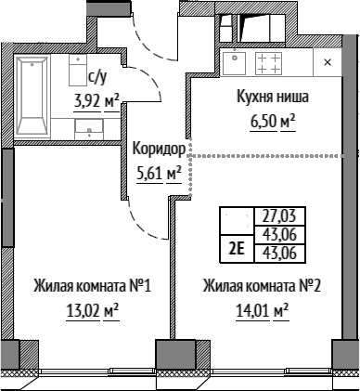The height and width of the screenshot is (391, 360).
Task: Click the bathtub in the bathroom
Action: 32,97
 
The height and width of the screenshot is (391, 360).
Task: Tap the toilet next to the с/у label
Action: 78,71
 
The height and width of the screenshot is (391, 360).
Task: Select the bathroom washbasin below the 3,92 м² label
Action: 89,129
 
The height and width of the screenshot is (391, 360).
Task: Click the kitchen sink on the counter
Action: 234,63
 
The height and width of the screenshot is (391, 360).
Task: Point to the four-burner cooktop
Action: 268,63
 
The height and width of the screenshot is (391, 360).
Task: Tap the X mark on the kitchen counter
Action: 328,62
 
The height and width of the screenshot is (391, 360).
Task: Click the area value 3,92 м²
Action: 96,101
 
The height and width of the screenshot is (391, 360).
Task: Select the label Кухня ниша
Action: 273,97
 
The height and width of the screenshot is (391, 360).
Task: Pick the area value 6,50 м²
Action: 273,121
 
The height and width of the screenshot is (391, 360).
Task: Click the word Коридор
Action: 159,149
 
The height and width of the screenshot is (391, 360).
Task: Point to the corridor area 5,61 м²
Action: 159,174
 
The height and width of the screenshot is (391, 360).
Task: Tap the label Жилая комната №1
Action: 92,286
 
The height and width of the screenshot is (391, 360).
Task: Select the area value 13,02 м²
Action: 93,310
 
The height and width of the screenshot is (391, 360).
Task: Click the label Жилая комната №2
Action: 262,286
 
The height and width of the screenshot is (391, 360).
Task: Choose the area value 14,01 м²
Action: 263,310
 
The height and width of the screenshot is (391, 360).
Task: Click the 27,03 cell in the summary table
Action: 279,216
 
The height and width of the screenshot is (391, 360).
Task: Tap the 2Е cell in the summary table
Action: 237,249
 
